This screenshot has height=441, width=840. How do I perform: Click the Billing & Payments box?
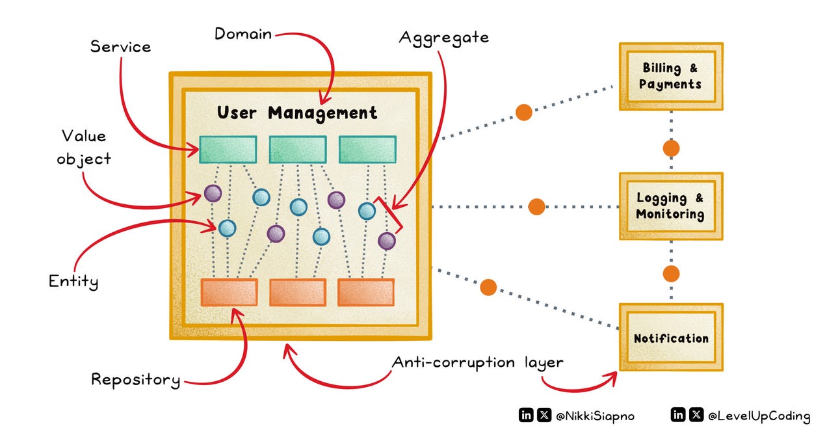point(670,76)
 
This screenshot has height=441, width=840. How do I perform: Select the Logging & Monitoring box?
point(670,206)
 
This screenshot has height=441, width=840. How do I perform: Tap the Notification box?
point(670,338)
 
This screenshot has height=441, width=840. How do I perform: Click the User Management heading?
point(297,113)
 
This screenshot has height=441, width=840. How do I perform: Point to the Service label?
point(120,47)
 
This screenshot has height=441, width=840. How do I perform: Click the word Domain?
point(243,33)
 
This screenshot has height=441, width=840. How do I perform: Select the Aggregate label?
point(443,37)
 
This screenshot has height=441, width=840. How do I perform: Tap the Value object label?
point(84,147)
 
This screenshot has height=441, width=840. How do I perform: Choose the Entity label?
point(73,282)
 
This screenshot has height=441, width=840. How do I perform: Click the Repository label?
point(135,379)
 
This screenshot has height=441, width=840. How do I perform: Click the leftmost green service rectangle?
point(228,149)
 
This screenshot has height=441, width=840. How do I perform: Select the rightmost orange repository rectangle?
point(365,292)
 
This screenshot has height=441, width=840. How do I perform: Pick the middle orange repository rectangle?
point(297,292)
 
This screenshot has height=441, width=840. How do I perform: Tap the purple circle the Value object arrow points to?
point(213,193)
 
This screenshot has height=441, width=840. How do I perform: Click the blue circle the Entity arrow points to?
point(227,228)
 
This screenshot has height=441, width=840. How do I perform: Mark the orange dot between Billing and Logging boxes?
point(671,148)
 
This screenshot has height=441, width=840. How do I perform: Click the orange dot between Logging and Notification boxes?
point(671,273)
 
